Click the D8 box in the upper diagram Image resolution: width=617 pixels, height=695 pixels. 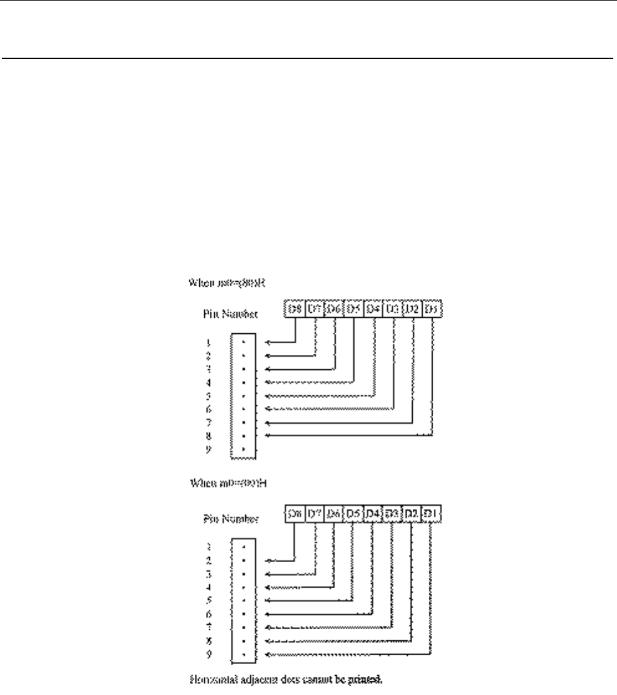(x=294, y=308)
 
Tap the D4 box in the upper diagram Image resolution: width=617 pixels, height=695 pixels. (x=374, y=308)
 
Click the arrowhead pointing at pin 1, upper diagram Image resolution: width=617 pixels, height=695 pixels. (x=268, y=342)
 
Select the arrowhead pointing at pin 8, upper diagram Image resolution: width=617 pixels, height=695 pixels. (x=268, y=435)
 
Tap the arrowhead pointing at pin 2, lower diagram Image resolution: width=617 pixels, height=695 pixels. (x=268, y=560)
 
